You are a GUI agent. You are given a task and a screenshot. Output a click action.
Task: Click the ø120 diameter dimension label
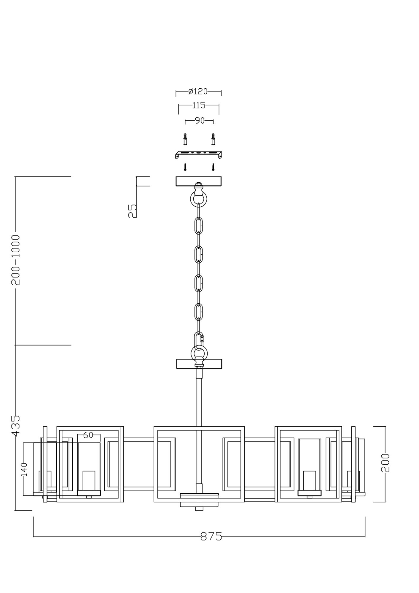click(198, 91)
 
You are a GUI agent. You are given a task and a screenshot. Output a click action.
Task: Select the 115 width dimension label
click(199, 105)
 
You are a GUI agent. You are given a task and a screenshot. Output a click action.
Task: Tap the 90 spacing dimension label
click(200, 121)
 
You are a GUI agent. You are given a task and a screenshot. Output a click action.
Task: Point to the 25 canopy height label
click(133, 211)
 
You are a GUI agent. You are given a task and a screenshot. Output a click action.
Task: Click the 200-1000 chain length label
click(15, 260)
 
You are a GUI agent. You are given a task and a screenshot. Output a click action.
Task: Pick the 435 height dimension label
click(15, 425)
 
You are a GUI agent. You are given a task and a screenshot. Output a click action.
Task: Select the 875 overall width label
click(211, 536)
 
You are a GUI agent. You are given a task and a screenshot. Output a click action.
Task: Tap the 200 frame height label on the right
click(385, 463)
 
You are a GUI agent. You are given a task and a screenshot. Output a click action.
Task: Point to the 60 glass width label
click(88, 435)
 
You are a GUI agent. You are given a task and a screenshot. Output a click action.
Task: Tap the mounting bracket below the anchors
click(199, 154)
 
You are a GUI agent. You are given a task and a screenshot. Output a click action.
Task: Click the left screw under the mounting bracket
click(185, 167)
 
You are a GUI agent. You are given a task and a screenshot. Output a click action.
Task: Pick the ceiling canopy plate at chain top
click(199, 181)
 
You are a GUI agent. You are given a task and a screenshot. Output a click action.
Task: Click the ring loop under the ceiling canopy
click(198, 198)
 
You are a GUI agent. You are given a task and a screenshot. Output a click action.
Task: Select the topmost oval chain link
click(199, 226)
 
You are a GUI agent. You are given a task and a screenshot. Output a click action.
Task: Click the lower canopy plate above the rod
click(199, 364)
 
